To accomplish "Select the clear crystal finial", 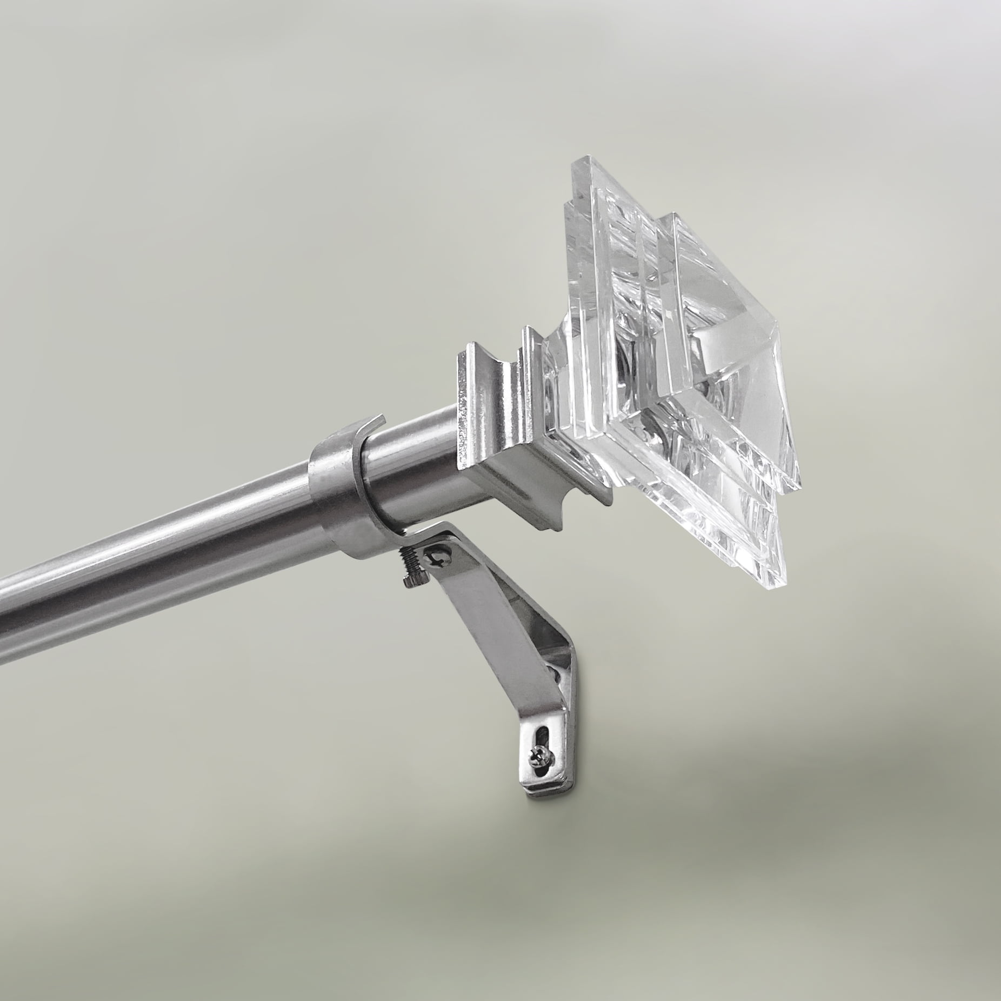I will click(x=676, y=351).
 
